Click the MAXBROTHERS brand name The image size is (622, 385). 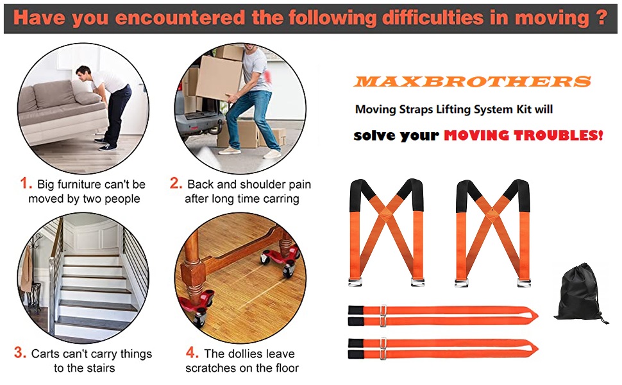(472, 81)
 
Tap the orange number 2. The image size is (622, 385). (176, 184)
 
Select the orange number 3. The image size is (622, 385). (20, 353)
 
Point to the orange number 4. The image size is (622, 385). (192, 353)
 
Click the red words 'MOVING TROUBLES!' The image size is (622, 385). (523, 136)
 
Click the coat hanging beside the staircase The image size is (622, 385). (26, 269)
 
